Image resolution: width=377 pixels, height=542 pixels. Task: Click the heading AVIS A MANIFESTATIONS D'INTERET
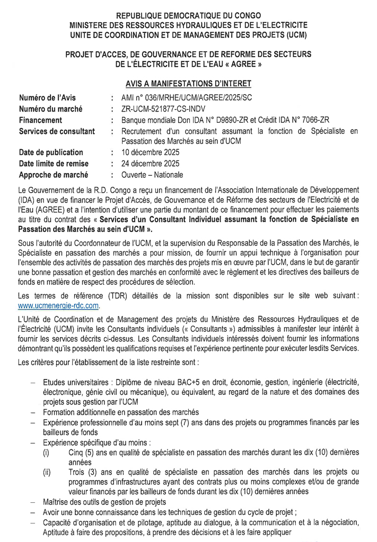click(188, 84)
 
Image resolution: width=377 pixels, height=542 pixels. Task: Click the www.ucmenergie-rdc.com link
click(58, 306)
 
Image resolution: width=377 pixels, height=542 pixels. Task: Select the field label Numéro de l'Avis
click(47, 98)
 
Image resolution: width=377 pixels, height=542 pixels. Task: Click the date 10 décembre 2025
click(150, 152)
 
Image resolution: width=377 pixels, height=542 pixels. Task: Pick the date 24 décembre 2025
click(150, 164)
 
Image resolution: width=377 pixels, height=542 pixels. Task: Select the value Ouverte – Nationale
click(152, 175)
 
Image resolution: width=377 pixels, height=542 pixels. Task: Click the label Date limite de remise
click(54, 164)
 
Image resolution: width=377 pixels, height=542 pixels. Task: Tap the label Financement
click(41, 120)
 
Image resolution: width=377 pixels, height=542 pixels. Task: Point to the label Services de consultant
click(57, 131)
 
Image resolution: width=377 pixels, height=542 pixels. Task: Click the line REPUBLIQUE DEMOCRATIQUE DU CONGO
click(188, 17)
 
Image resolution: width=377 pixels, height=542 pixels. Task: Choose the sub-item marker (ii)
click(47, 472)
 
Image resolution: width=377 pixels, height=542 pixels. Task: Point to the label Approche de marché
click(54, 175)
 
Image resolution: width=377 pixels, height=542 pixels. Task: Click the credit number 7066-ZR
click(315, 120)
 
